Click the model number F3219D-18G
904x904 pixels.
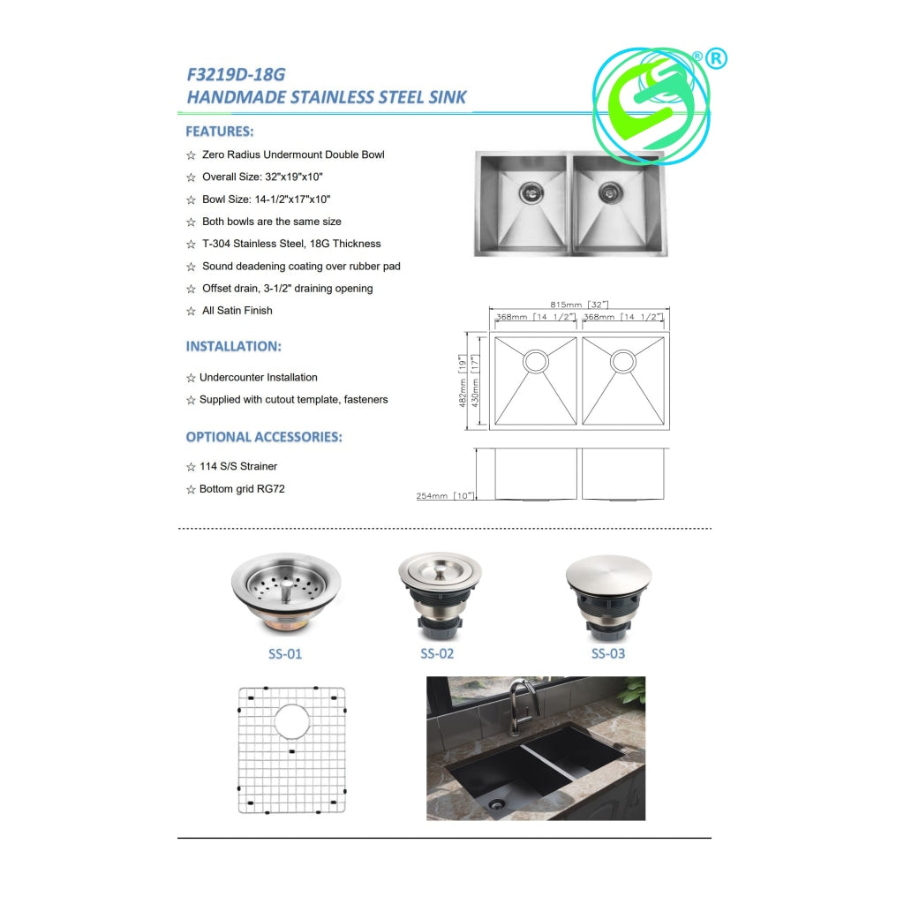coord(236,74)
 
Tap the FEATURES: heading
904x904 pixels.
coord(220,132)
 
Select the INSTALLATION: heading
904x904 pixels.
coord(233,346)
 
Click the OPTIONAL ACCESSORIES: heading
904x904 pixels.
coord(264,436)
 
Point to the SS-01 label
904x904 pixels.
coord(285,654)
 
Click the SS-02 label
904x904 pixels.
coord(437,653)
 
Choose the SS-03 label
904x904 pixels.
coord(608,653)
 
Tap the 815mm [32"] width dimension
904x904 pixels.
coord(579,304)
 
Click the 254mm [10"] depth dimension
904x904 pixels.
coord(445,496)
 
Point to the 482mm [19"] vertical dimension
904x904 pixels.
coord(463,380)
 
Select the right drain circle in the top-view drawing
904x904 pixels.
coord(623,361)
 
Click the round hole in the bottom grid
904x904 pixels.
coord(292,721)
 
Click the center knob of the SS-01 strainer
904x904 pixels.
coord(286,591)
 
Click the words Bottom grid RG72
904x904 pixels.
coord(242,489)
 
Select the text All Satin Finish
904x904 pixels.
coord(237,310)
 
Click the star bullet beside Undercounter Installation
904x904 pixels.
coord(191,378)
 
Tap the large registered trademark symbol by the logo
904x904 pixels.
coord(716,59)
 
